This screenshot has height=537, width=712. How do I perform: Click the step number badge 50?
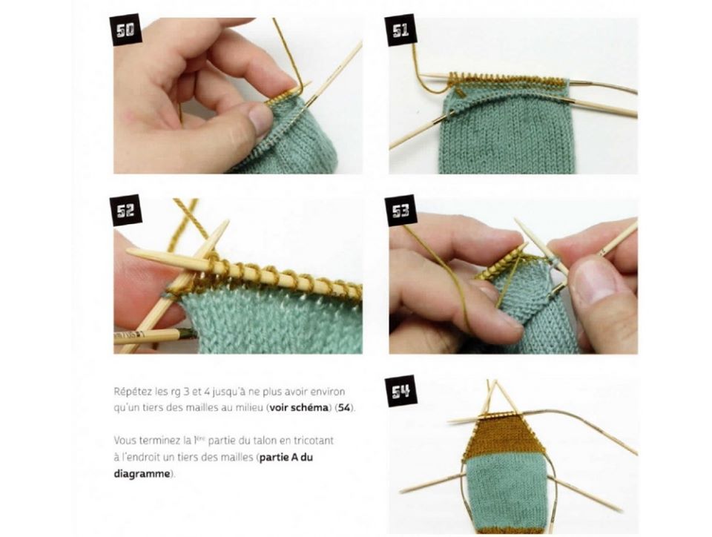pyautogui.click(x=126, y=30)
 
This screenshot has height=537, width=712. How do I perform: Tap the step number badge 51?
pyautogui.click(x=400, y=30)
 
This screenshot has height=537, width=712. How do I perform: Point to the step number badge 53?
pyautogui.click(x=400, y=210)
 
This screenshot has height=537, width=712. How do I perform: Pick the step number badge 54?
pyautogui.click(x=400, y=390)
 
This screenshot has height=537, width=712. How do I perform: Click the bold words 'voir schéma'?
pyautogui.click(x=298, y=407)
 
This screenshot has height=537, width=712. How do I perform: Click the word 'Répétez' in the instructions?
pyautogui.click(x=129, y=392)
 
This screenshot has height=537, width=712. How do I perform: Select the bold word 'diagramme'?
pyautogui.click(x=142, y=473)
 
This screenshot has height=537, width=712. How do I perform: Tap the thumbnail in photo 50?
pyautogui.click(x=260, y=119)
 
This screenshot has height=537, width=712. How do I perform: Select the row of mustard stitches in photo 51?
pyautogui.click(x=507, y=80)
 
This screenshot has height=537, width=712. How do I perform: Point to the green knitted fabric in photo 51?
pyautogui.click(x=507, y=131)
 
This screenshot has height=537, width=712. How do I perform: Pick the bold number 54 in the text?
pyautogui.click(x=344, y=407)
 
